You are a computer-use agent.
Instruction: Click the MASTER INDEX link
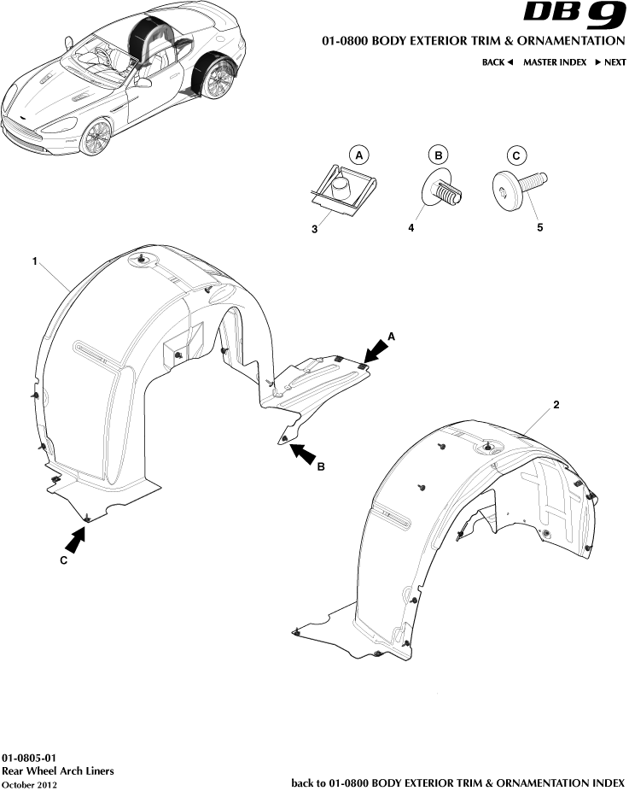pyautogui.click(x=554, y=62)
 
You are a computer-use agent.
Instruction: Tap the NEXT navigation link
pyautogui.click(x=610, y=62)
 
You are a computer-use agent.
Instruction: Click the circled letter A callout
pyautogui.click(x=359, y=155)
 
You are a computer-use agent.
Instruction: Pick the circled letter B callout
pyautogui.click(x=438, y=155)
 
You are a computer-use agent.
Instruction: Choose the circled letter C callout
pyautogui.click(x=515, y=155)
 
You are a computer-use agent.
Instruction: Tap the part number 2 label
pyautogui.click(x=556, y=405)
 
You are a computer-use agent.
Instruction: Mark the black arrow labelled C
pyautogui.click(x=76, y=539)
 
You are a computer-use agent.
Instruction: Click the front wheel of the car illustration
pyautogui.click(x=96, y=138)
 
